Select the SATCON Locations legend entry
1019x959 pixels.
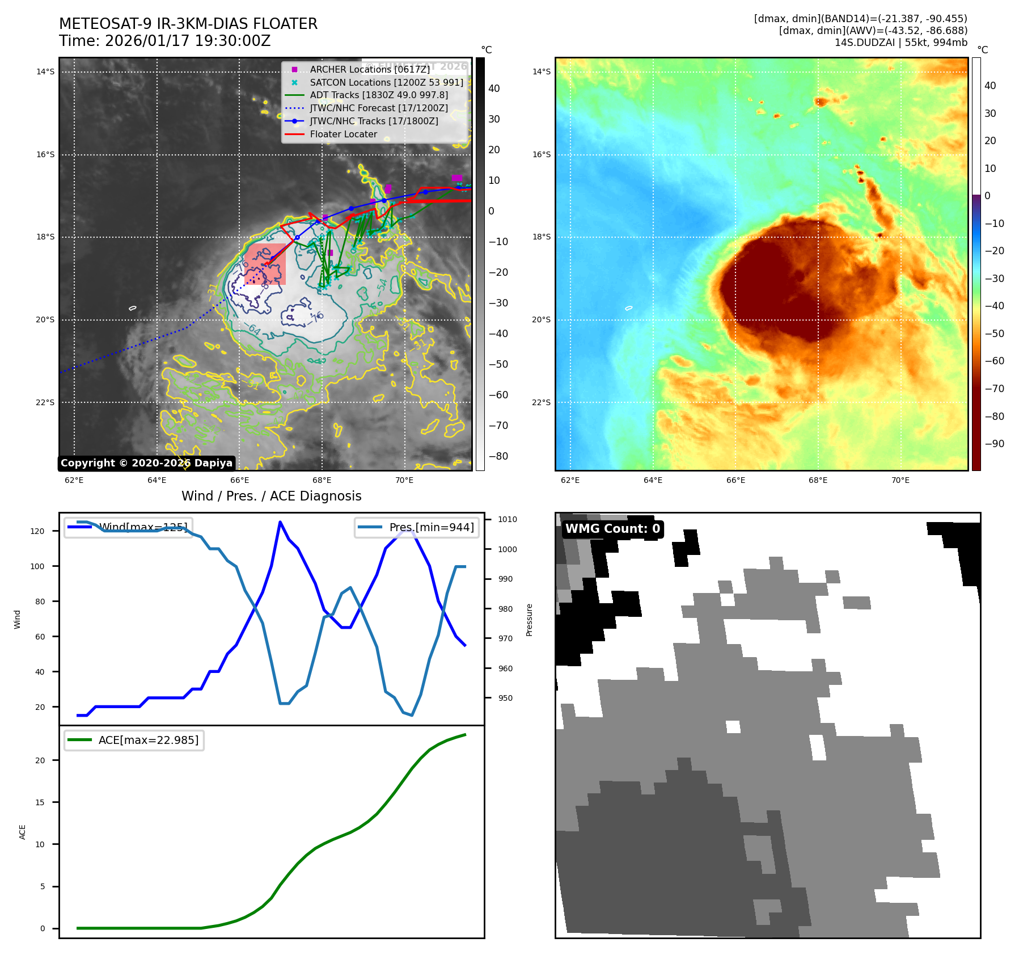[386, 82]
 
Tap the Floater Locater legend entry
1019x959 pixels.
[343, 134]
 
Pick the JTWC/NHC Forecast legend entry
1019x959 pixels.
[379, 108]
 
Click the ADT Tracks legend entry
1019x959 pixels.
[379, 95]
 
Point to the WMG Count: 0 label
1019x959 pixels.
[612, 529]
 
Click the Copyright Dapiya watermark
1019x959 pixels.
[146, 463]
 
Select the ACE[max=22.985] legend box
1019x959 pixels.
[134, 740]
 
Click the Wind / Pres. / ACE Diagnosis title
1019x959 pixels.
[271, 496]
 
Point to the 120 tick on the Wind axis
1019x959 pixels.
[37, 531]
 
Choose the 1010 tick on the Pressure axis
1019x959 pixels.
[508, 519]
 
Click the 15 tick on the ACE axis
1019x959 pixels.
[40, 802]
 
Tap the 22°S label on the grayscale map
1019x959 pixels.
[45, 402]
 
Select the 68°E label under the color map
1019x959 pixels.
[818, 480]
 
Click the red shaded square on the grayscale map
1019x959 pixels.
[265, 264]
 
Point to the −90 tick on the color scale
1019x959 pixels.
[994, 444]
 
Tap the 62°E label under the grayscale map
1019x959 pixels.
[74, 480]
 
